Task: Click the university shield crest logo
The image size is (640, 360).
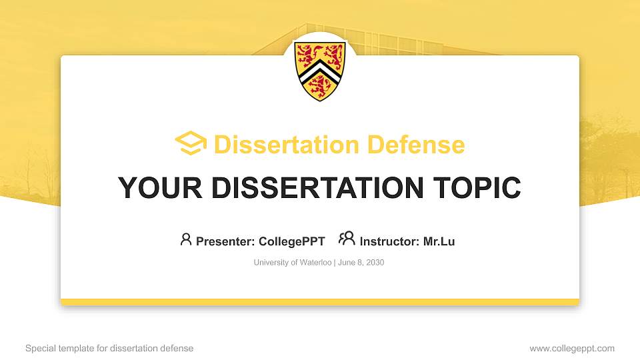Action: [320, 70]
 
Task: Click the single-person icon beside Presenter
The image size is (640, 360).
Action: [186, 239]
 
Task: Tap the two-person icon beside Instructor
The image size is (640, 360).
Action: [347, 239]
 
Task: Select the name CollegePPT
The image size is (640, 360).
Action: [291, 241]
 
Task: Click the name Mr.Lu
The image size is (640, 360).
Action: [439, 241]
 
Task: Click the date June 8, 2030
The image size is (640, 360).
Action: [361, 263]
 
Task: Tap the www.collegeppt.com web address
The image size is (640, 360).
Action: [572, 349]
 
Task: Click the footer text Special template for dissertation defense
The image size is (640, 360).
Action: [109, 349]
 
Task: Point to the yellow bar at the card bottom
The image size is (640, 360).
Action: [320, 302]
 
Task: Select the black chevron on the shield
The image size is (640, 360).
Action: [320, 73]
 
